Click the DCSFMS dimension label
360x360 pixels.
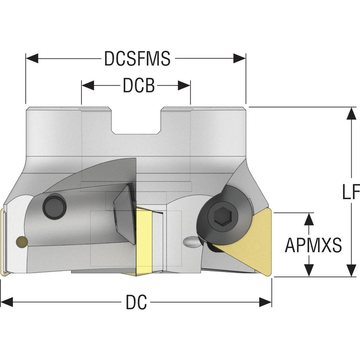pyautogui.click(x=137, y=59)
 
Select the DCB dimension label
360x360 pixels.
pyautogui.click(x=138, y=86)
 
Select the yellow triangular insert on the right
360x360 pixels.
pyautogui.click(x=252, y=241)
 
